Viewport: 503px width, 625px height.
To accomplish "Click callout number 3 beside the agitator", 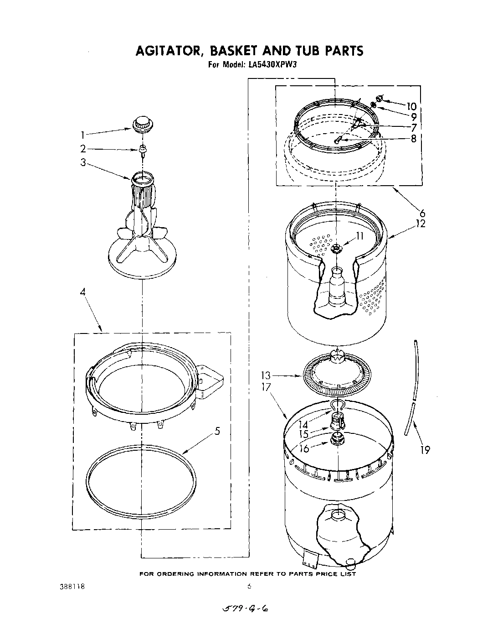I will tap(83, 162).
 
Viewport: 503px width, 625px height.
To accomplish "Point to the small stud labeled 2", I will tap(143, 149).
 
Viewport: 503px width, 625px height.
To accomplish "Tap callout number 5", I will tap(218, 430).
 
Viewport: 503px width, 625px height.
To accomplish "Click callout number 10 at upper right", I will tap(411, 106).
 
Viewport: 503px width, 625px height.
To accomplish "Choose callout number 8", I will tap(413, 138).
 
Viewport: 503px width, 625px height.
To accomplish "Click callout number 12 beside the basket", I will tap(420, 224).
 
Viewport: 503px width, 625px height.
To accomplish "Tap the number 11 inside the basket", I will tap(359, 236).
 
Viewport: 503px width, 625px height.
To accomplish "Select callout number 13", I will tap(266, 376).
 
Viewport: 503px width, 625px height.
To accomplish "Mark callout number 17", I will tap(266, 387).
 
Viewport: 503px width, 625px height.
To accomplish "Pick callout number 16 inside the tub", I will tap(304, 448).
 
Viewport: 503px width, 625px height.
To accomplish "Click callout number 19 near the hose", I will tap(425, 450).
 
